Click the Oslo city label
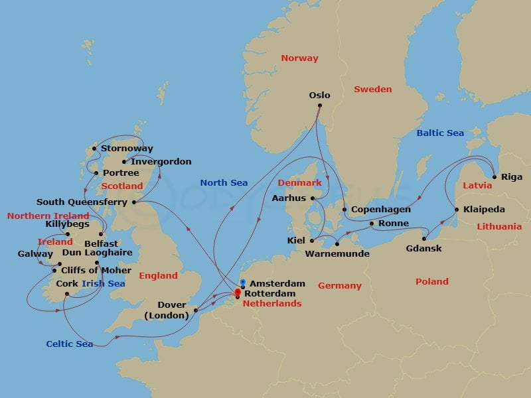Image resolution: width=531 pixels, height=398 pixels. click(x=319, y=95)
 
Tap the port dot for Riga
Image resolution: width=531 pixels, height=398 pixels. click(x=494, y=177)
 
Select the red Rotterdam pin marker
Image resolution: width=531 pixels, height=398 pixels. click(x=238, y=292)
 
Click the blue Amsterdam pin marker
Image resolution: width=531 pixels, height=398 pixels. click(x=244, y=283)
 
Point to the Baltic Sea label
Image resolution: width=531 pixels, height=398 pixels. click(x=440, y=133)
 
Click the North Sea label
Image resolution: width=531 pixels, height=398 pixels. click(x=224, y=183)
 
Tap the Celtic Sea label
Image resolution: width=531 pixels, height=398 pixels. click(x=69, y=344)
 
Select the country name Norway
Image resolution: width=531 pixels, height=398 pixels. click(x=299, y=58)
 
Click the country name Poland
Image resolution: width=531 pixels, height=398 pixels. click(x=432, y=281)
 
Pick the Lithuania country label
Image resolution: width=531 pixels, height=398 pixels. click(x=499, y=227)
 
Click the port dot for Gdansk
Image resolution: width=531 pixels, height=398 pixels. click(x=425, y=239)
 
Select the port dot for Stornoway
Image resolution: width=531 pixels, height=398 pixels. click(x=94, y=149)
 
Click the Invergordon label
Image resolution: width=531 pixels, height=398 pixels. click(x=161, y=162)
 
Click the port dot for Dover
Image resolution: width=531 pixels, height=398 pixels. click(x=196, y=310)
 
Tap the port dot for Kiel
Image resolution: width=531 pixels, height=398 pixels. click(x=311, y=240)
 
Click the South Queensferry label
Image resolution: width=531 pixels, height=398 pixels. click(x=82, y=202)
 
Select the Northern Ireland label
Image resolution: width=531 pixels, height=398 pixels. click(x=48, y=216)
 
